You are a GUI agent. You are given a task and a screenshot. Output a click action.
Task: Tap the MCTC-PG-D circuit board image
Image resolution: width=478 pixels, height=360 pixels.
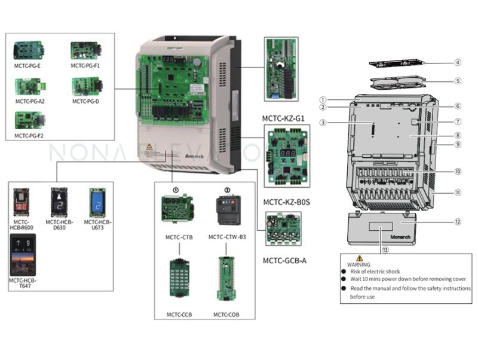point(86,87)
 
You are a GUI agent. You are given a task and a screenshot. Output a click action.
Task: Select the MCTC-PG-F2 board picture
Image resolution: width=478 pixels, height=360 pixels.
point(29,120)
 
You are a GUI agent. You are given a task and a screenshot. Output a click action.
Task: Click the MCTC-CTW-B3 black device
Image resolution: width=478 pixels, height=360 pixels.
point(227,210)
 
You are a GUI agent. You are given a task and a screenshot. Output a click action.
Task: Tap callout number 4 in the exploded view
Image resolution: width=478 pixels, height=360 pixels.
point(457,62)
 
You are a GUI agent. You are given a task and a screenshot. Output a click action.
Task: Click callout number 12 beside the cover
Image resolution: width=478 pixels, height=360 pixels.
point(457,221)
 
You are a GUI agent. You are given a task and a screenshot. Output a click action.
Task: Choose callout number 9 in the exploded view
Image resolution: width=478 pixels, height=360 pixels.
point(457,144)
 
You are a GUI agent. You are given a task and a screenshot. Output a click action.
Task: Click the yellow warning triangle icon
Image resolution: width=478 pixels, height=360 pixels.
point(360,258)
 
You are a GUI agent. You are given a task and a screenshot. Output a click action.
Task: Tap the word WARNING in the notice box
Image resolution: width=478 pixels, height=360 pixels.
point(359,264)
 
